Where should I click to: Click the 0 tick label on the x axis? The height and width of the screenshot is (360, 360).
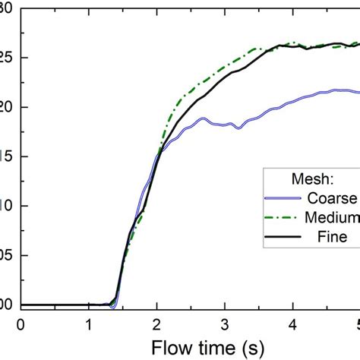tap(21, 324)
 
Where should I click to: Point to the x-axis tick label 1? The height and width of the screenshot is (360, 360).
tap(89, 324)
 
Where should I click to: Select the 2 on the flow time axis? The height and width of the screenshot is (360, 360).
tap(157, 324)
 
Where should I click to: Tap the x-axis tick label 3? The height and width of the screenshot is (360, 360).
tap(225, 324)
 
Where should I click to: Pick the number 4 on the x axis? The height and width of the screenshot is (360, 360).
tap(293, 324)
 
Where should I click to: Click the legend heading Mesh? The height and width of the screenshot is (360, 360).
tap(313, 179)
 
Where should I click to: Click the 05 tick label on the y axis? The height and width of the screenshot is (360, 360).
tap(6, 255)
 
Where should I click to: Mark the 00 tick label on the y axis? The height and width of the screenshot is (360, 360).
tap(6, 305)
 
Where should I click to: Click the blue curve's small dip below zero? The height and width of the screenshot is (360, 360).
tap(112, 307)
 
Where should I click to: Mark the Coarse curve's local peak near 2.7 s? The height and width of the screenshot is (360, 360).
tap(203, 118)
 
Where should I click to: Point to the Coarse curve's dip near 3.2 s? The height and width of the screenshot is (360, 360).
tap(238, 128)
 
